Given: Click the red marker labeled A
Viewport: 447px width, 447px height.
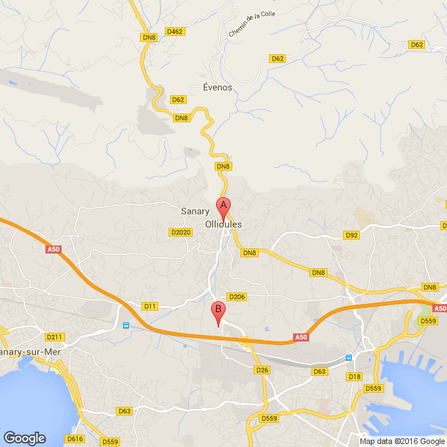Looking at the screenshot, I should [223, 207].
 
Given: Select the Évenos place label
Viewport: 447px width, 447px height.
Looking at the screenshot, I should [217, 87].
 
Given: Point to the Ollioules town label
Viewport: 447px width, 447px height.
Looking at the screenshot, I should [223, 224].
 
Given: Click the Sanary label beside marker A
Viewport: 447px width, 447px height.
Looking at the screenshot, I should [195, 211].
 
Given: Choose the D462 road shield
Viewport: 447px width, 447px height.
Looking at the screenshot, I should [174, 32].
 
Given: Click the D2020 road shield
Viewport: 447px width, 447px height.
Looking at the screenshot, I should [180, 232].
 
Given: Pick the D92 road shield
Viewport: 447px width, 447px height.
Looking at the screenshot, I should [352, 235].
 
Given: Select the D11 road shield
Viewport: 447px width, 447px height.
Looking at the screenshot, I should [150, 306].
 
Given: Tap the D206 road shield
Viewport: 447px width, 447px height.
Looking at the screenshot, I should [236, 297].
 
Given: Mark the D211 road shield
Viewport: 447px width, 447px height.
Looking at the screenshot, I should [55, 337].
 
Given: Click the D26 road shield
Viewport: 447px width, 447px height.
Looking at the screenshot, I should [263, 370].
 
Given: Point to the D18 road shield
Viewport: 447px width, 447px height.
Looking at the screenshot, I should [355, 377].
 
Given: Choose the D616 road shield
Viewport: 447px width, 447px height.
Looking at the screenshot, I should [75, 439].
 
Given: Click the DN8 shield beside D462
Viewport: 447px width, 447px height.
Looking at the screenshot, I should [149, 37].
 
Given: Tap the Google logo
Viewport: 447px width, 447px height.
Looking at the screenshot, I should [24, 437].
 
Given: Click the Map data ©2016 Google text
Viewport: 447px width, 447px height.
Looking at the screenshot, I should [402, 440].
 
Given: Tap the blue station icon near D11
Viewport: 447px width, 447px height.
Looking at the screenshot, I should [126, 324].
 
